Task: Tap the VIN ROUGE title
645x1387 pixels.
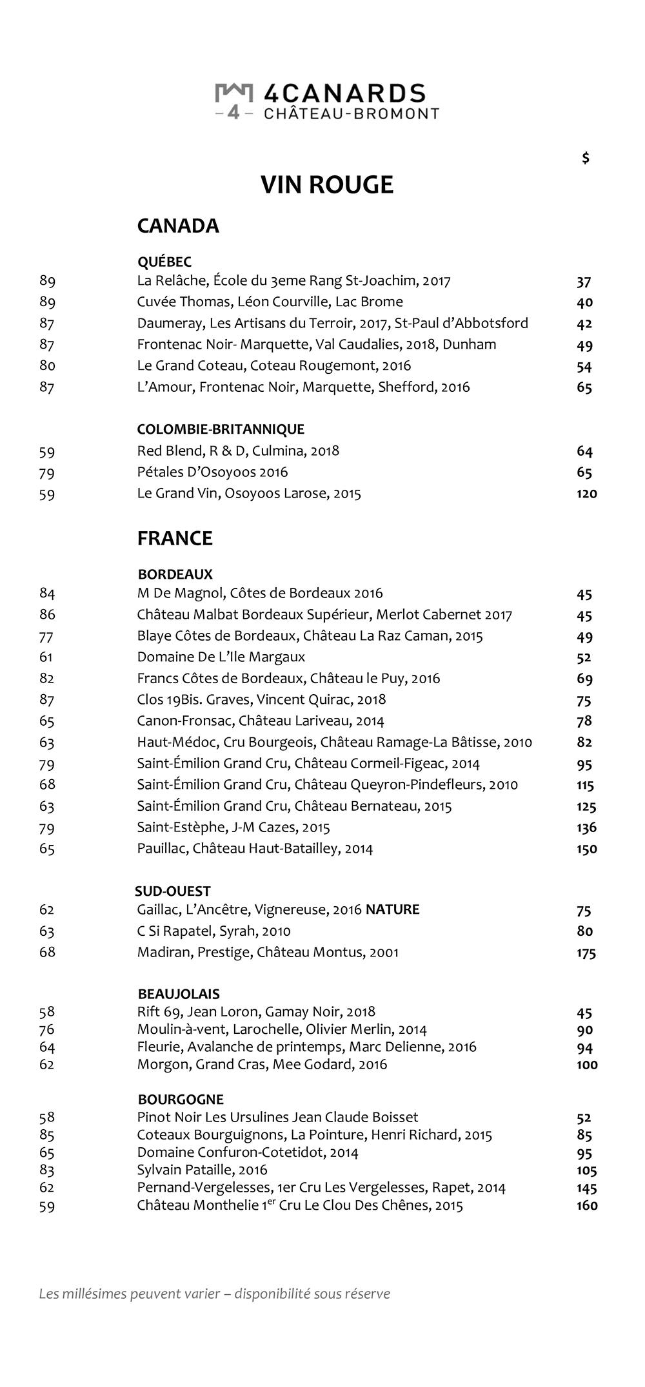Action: tap(326, 185)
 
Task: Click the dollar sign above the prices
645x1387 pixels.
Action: tap(585, 158)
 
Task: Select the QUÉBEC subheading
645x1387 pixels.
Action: tap(164, 262)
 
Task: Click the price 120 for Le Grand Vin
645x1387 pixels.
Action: tap(586, 494)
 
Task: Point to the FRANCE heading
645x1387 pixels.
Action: tap(175, 538)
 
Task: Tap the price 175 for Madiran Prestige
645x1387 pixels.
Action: tap(586, 953)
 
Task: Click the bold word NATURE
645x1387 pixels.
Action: tap(392, 909)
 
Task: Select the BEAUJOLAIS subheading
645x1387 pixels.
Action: tap(179, 994)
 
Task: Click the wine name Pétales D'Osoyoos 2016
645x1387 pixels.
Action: tap(212, 472)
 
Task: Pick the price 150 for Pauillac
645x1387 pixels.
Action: tap(586, 849)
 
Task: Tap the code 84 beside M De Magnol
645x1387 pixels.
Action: tap(47, 593)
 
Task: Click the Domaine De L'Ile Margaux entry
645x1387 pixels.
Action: tap(221, 657)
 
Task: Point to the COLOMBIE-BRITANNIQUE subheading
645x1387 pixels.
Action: tap(221, 429)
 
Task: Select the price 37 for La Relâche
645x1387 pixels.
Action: tap(584, 282)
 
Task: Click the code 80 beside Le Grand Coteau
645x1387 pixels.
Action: tap(47, 365)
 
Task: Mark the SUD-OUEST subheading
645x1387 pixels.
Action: tap(172, 891)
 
